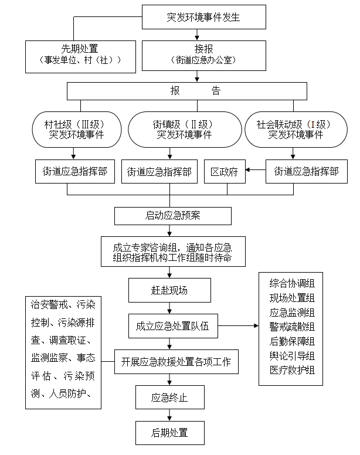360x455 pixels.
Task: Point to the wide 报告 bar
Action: [x=187, y=91]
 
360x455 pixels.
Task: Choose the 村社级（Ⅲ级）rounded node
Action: [x=74, y=129]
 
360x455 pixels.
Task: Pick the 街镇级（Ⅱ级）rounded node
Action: [x=184, y=129]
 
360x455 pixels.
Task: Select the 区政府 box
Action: [x=225, y=172]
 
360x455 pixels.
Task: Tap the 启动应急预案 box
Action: [x=172, y=215]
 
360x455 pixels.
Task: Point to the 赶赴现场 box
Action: [x=169, y=290]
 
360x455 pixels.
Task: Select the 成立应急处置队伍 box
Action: [x=172, y=325]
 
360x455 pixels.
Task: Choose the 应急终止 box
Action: [x=169, y=397]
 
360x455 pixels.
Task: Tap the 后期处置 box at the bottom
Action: [x=169, y=433]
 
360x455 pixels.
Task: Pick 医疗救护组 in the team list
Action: [x=292, y=370]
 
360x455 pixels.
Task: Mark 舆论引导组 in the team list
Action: [x=292, y=356]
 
